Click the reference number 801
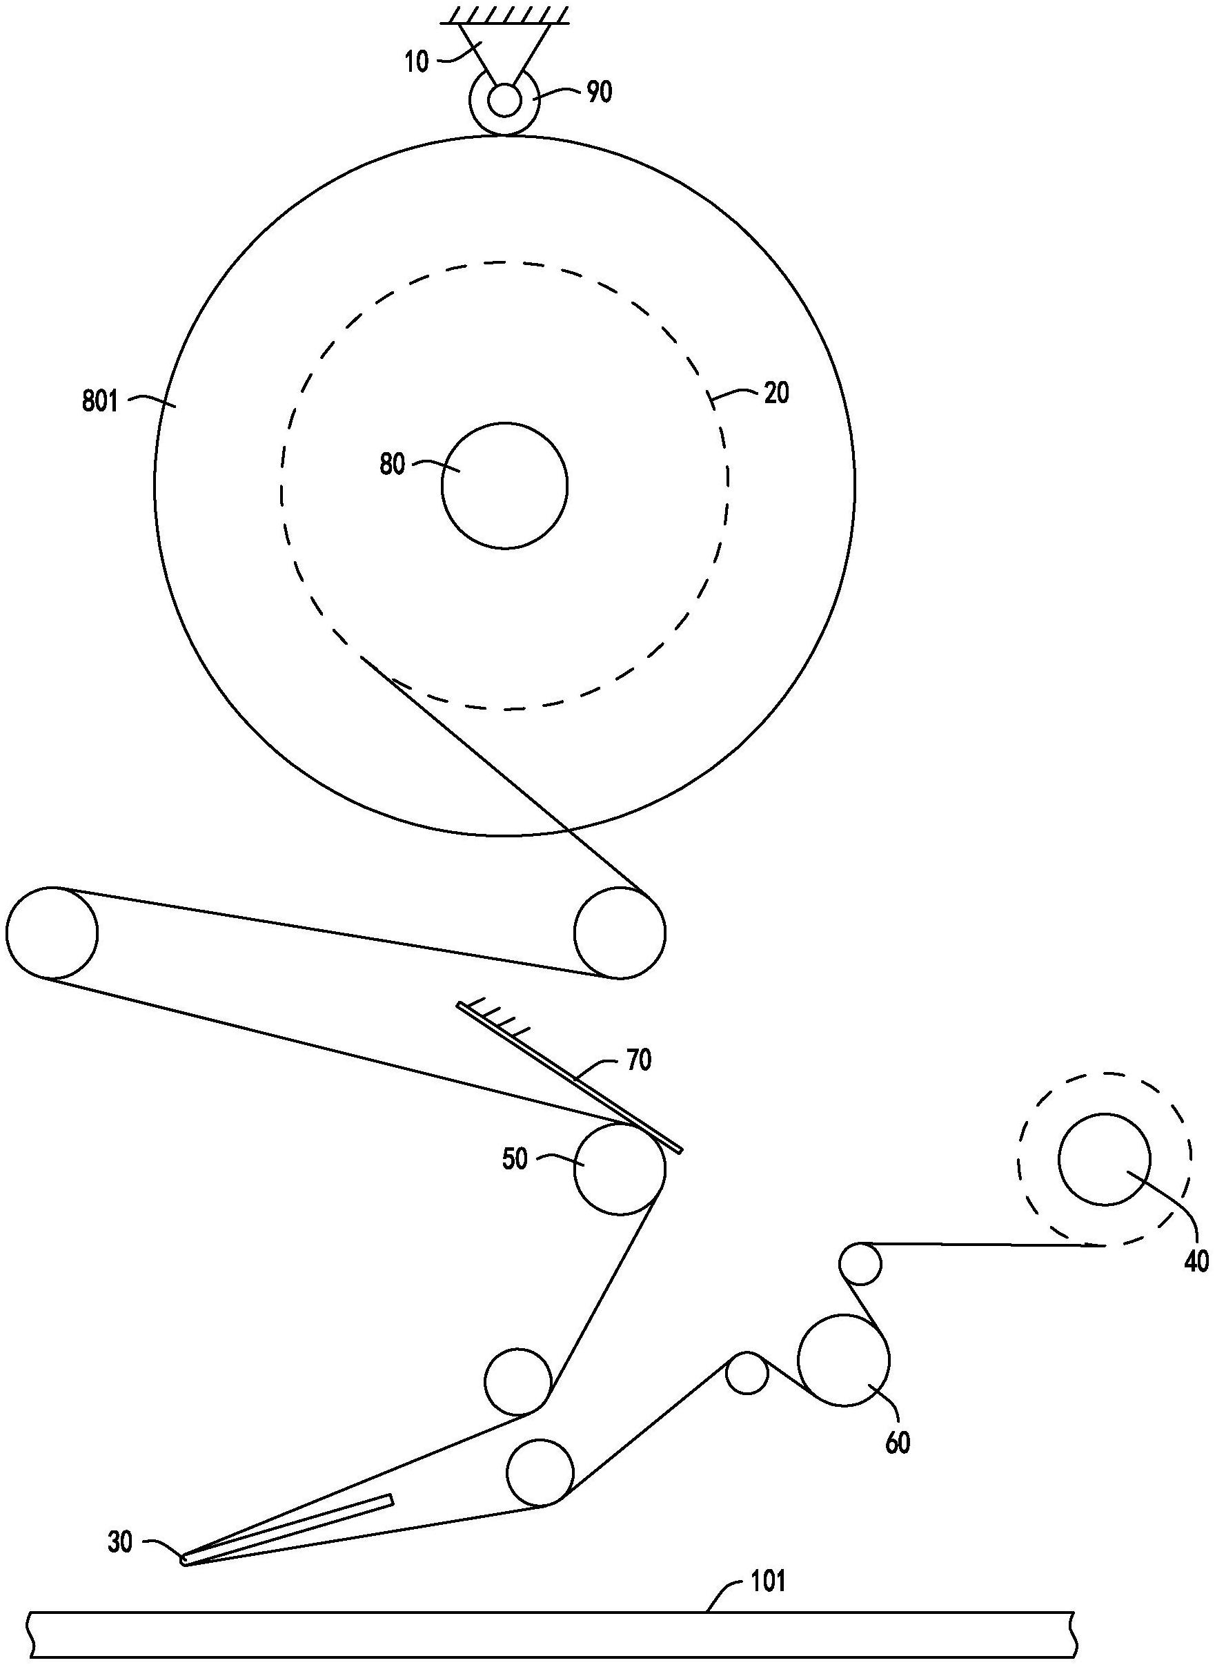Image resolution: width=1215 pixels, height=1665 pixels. (x=99, y=402)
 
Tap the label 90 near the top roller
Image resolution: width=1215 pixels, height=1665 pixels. (x=600, y=92)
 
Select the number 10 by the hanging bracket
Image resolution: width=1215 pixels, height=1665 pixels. (x=416, y=63)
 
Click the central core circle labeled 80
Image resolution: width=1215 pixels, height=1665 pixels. (x=504, y=485)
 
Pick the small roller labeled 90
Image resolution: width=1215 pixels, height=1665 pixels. (x=504, y=100)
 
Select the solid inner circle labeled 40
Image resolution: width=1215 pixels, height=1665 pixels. (x=1104, y=1160)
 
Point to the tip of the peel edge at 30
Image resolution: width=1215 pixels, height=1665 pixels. (x=184, y=1559)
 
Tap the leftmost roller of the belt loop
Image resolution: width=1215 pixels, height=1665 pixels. (x=52, y=932)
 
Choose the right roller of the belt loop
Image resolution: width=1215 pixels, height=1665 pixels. (x=620, y=932)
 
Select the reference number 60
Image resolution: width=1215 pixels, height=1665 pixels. (x=897, y=1443)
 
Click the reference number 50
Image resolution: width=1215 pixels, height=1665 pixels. (x=515, y=1160)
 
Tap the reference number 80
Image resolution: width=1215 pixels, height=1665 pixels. (x=392, y=465)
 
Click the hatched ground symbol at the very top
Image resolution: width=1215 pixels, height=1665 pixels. (x=504, y=14)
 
